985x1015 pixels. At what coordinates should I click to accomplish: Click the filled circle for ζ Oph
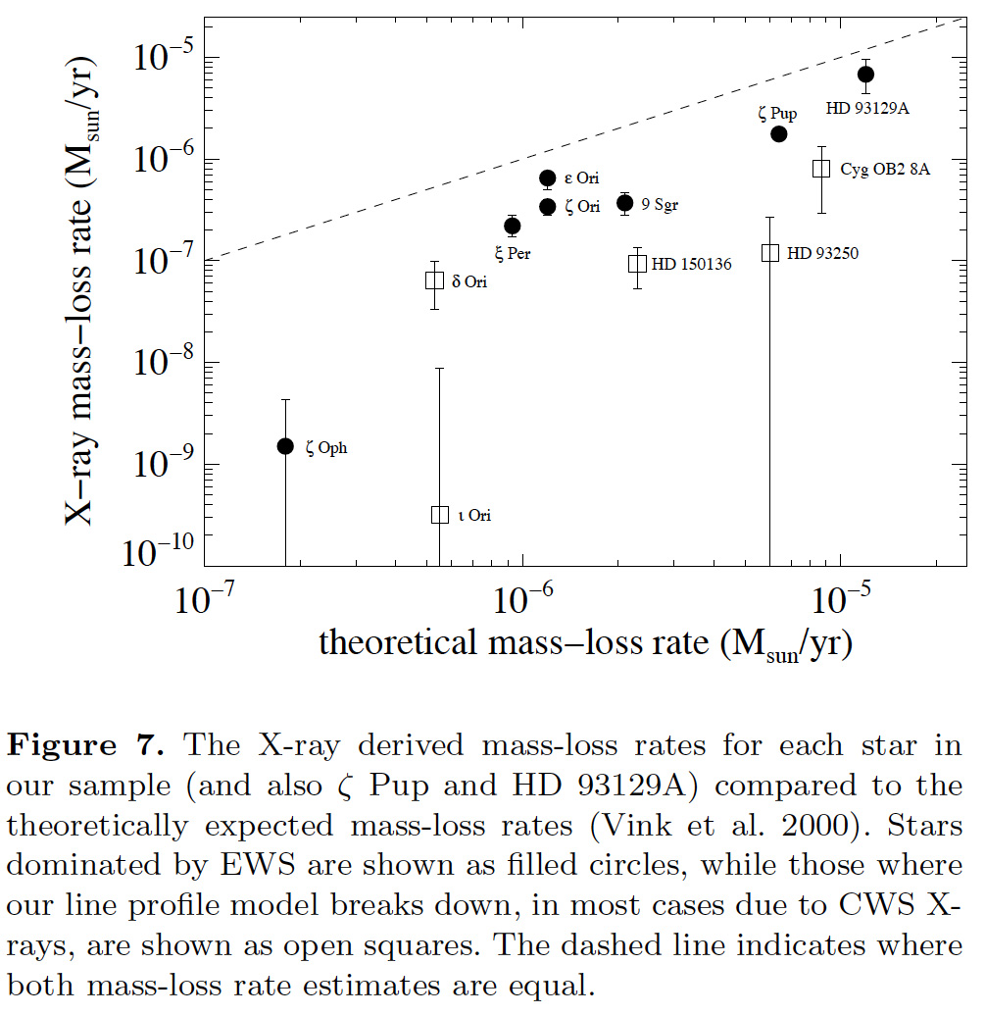[285, 446]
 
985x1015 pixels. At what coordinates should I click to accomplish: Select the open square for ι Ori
[440, 515]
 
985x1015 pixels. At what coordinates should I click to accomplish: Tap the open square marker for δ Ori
[435, 280]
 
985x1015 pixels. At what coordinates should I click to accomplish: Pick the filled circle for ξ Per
[512, 226]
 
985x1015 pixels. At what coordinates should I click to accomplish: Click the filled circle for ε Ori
[548, 178]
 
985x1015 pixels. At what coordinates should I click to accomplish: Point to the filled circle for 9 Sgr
[624, 203]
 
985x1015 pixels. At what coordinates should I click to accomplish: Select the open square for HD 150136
[637, 263]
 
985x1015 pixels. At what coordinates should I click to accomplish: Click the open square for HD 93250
[770, 252]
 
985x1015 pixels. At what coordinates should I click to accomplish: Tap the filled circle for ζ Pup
[779, 133]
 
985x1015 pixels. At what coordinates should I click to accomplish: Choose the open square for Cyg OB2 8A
[821, 168]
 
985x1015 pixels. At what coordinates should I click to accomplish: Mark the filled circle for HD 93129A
[865, 75]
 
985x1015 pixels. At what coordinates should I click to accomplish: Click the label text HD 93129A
[867, 108]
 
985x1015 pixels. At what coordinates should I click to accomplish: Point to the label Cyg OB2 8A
[885, 169]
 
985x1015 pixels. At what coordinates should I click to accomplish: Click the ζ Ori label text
[582, 207]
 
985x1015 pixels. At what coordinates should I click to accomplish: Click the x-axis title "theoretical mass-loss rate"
[584, 643]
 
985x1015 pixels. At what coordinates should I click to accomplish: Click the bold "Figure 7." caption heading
[84, 745]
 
